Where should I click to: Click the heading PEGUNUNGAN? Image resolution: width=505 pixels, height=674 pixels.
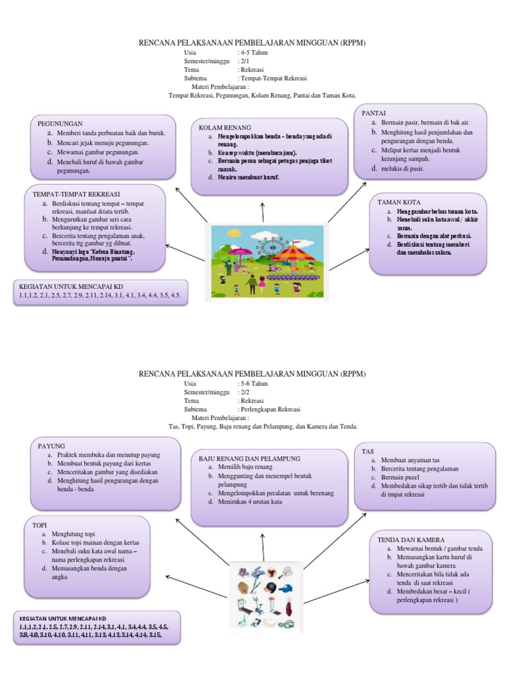point(59,123)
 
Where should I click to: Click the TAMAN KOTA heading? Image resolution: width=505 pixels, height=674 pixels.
point(399,202)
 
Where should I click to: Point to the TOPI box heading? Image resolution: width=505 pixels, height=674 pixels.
point(41,525)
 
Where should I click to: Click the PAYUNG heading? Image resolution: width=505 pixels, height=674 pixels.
point(52,446)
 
